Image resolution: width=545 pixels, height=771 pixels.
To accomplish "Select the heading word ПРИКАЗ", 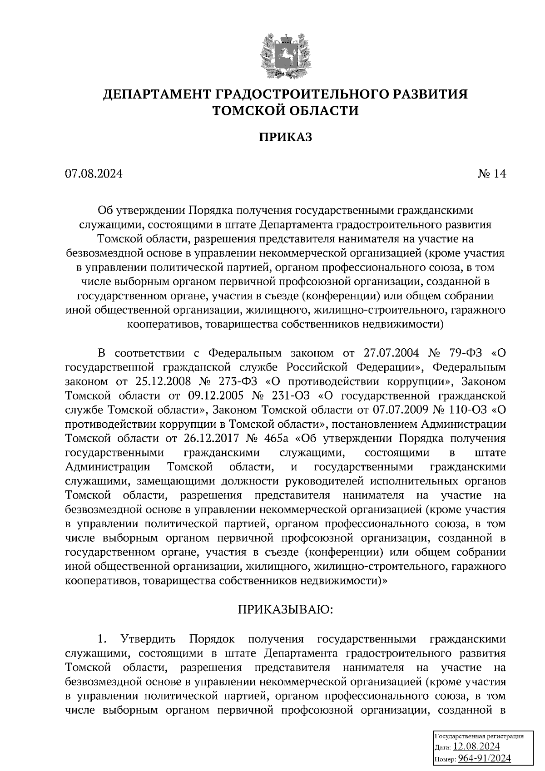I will point(286,138).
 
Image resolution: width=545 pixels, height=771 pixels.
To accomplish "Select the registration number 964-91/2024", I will point(484,758).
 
